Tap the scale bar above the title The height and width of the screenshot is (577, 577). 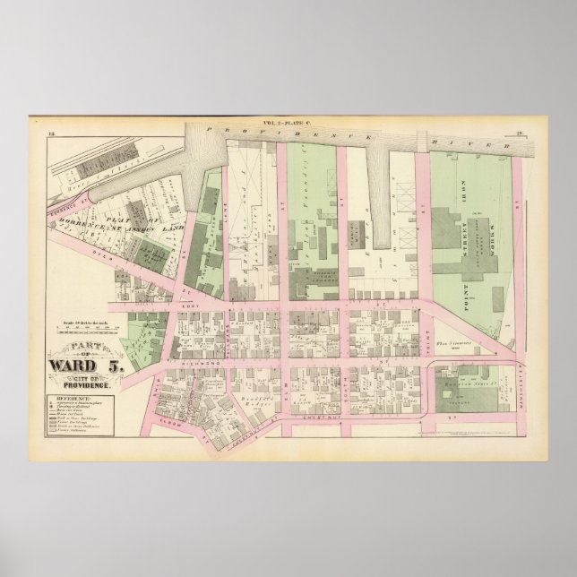point(86,324)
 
